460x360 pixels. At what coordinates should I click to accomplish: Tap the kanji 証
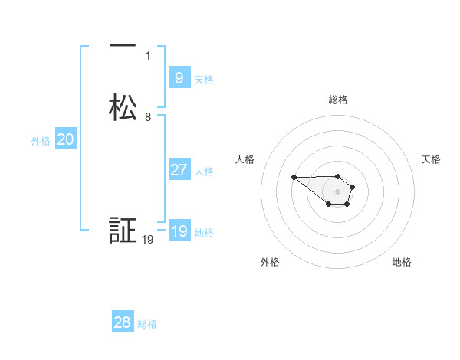(x=123, y=230)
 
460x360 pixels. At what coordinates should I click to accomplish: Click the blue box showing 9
(x=179, y=77)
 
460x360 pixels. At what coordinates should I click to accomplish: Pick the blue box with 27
(x=179, y=169)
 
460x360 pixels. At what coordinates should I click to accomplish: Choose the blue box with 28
(x=123, y=322)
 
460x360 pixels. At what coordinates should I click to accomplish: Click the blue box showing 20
(x=66, y=139)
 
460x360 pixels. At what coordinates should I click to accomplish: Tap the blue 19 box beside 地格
(x=179, y=231)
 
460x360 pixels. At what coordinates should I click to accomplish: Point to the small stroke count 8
(x=148, y=117)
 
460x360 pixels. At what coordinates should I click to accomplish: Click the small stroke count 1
(x=148, y=55)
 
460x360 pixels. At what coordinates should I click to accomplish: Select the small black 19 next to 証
(x=148, y=240)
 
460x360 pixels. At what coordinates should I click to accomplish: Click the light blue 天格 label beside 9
(x=204, y=79)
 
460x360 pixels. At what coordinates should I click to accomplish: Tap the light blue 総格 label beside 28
(x=147, y=324)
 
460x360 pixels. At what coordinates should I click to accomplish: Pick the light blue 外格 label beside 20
(x=41, y=141)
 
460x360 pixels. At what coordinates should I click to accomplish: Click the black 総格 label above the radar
(x=338, y=100)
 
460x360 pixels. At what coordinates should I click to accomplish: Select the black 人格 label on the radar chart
(x=245, y=159)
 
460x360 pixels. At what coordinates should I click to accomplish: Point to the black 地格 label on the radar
(x=402, y=262)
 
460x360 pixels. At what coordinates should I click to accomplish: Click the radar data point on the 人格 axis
(x=294, y=178)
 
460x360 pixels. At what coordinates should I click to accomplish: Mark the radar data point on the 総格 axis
(x=338, y=176)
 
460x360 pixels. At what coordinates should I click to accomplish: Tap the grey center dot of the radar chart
(x=338, y=191)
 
